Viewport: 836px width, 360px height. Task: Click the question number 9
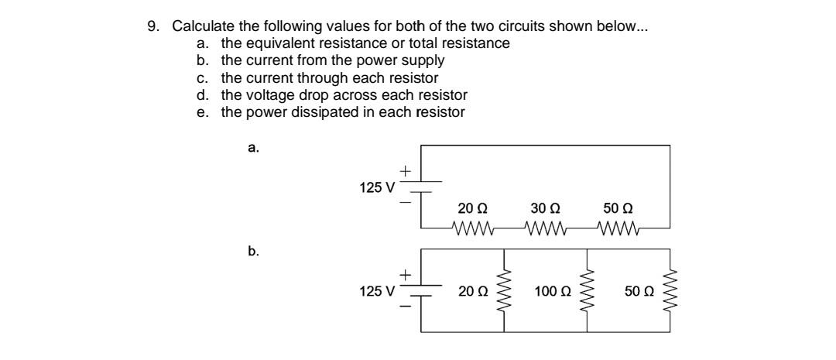152,26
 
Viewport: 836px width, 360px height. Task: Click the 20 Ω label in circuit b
472,292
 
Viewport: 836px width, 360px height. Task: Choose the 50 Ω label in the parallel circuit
639,292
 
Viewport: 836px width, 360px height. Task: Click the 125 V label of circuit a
377,187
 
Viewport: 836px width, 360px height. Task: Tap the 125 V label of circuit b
377,292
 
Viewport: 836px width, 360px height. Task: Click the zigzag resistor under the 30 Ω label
546,228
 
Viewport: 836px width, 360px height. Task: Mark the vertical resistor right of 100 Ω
588,291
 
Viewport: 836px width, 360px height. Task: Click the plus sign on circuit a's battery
405,170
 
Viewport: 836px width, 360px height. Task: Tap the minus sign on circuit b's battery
405,307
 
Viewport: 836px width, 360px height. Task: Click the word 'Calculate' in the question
201,26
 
